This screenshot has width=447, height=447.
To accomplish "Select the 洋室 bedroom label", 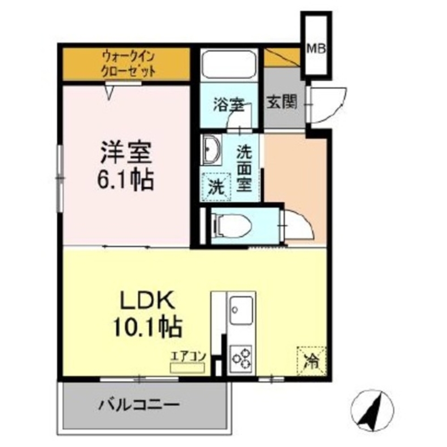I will point(126,153).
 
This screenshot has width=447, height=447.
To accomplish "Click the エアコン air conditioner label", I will point(187,356).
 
